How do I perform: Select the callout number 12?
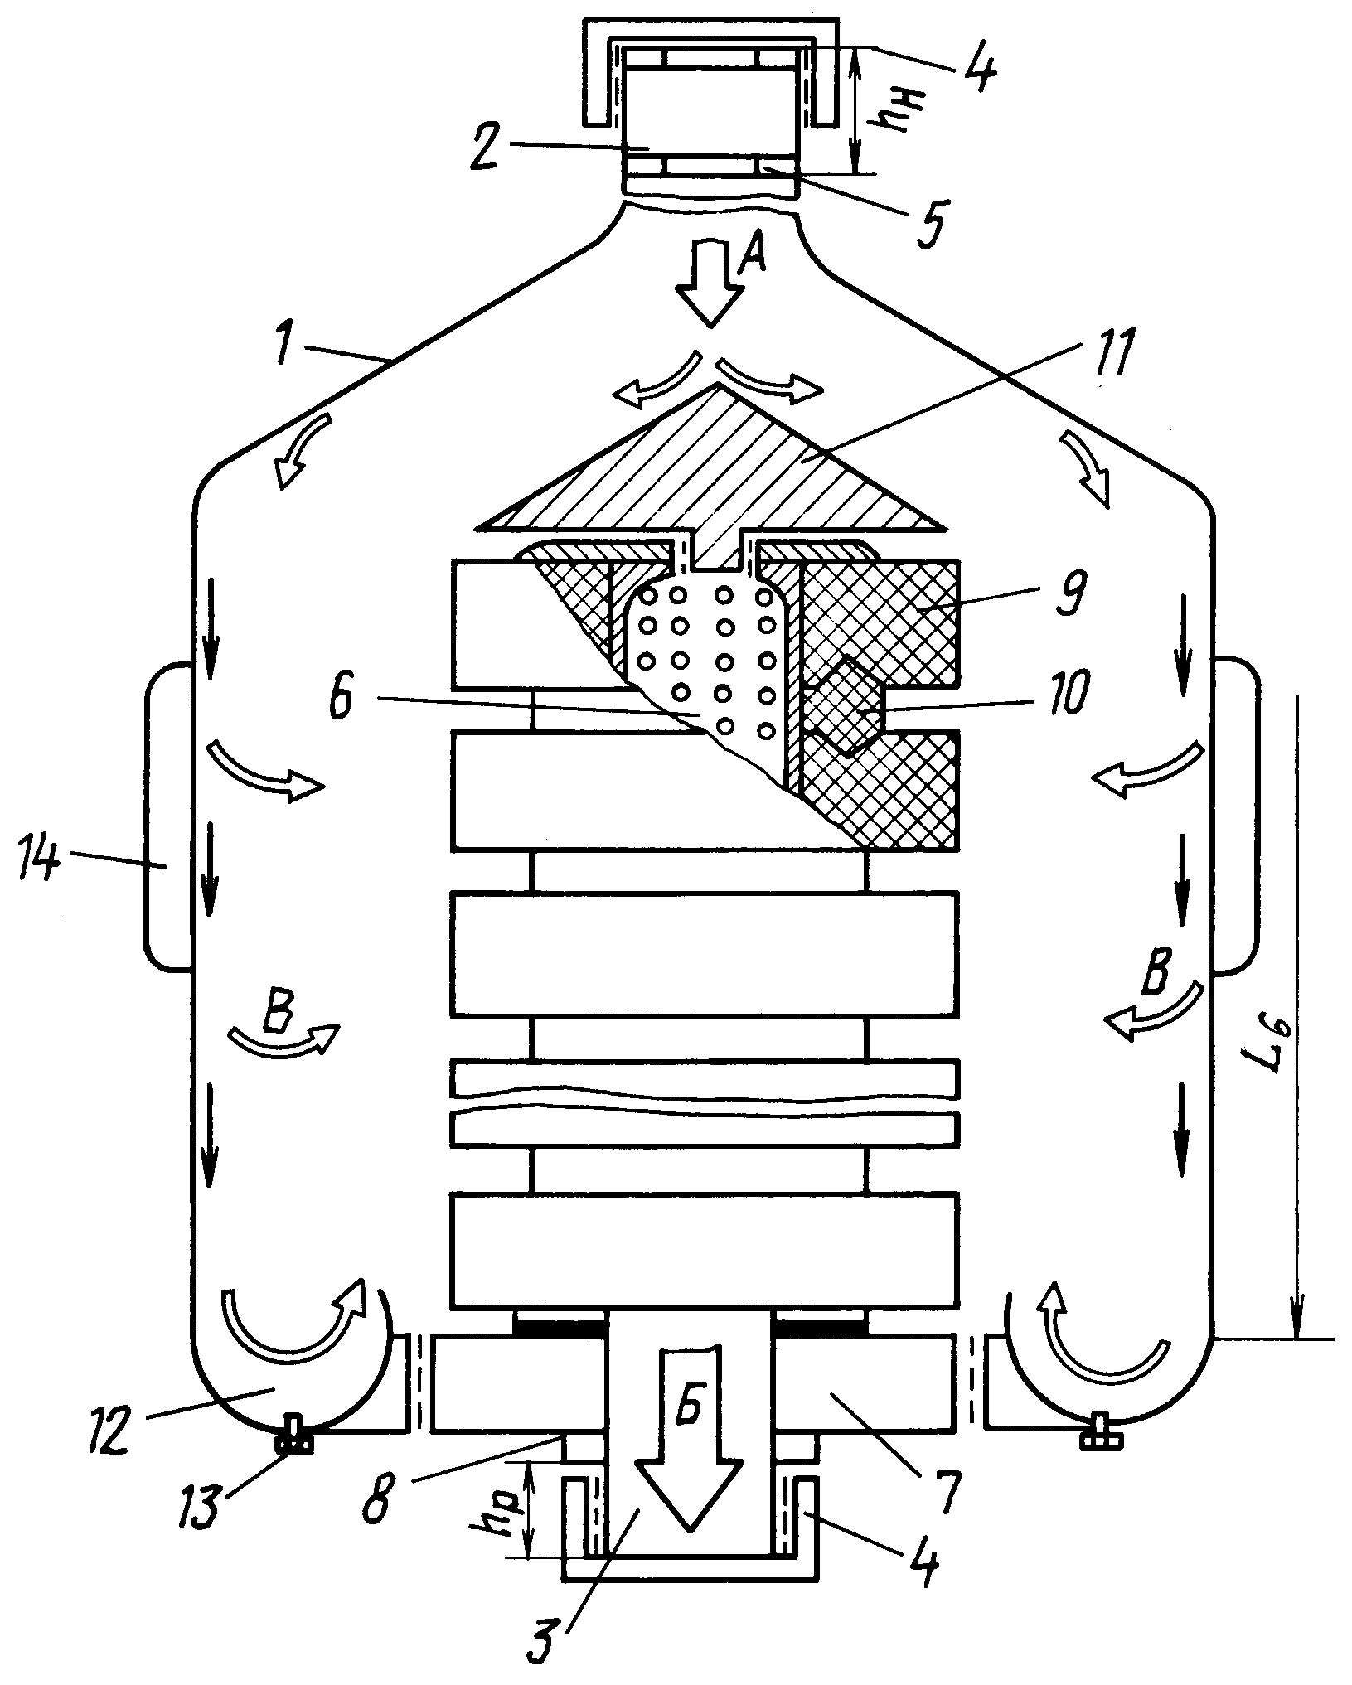pyautogui.click(x=111, y=1428)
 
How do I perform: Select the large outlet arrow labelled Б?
pyautogui.click(x=687, y=1438)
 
